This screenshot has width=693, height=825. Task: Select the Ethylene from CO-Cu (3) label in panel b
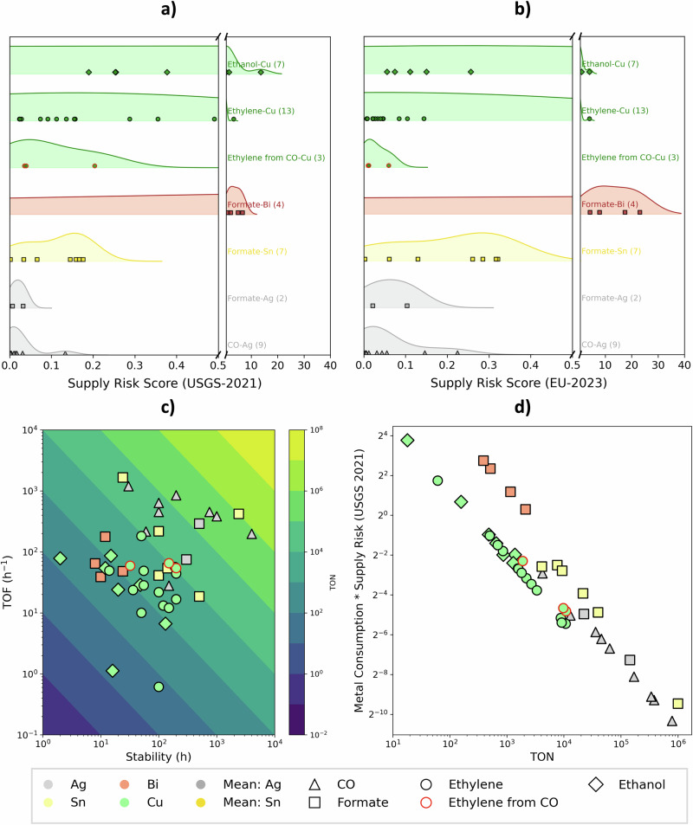[621, 158]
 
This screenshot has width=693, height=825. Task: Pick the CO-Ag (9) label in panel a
[247, 345]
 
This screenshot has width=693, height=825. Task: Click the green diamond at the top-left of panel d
[407, 440]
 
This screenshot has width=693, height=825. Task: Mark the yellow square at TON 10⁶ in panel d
[677, 704]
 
